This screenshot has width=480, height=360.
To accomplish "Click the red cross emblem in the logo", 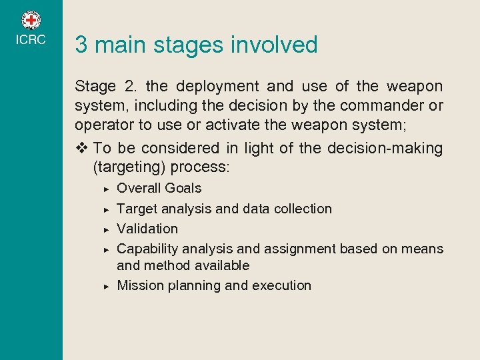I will (x=31, y=20).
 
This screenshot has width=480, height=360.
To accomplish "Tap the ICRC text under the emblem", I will (x=31, y=40).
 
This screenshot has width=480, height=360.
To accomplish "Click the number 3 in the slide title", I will (x=81, y=45).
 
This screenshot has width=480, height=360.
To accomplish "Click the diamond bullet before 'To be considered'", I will (x=82, y=148).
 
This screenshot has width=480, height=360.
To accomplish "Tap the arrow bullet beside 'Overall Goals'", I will (x=106, y=189).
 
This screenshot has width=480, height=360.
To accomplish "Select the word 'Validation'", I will (x=147, y=229).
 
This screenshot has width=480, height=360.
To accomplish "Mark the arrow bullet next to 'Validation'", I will (x=106, y=229).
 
